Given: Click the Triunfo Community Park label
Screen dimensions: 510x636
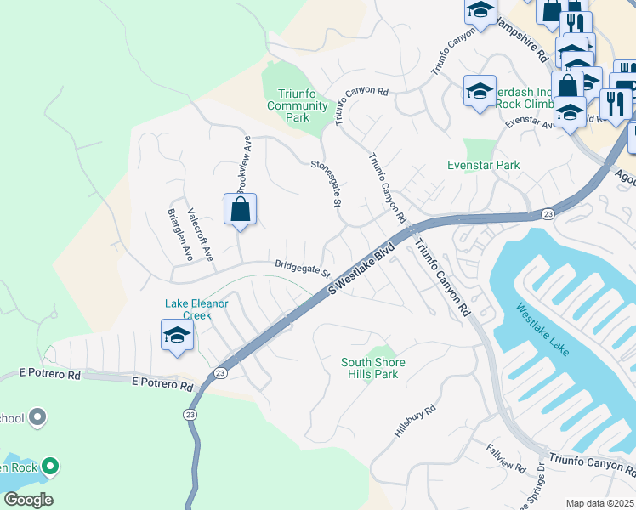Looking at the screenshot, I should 298,105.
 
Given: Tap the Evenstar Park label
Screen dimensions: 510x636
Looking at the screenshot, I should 483,165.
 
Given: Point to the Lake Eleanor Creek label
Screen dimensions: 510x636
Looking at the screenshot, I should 200,309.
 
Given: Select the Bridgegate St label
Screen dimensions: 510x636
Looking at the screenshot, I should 302,268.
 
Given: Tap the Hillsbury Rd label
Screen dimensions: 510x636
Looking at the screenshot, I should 416,422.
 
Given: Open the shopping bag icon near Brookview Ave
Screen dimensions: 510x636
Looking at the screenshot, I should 240,209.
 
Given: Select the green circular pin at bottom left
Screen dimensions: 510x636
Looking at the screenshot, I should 50,465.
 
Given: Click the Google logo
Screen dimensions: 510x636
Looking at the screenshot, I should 27,500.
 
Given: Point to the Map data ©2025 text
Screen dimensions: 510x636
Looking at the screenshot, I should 599,503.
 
